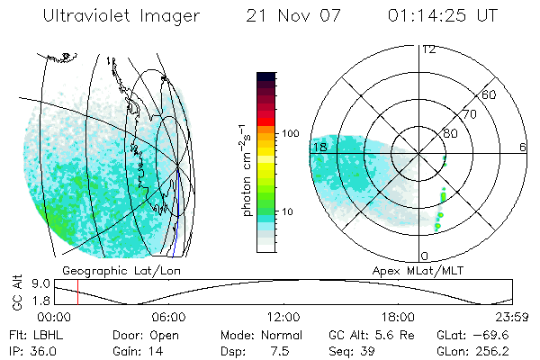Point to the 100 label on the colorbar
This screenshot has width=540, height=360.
(290, 133)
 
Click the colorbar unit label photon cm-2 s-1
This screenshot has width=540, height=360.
(247, 168)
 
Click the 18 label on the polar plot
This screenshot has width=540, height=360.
(319, 147)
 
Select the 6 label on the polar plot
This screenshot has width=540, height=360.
(523, 147)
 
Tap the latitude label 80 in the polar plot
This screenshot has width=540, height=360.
(450, 134)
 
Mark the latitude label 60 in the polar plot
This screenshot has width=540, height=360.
(490, 94)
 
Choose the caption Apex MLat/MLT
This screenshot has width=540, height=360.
(415, 271)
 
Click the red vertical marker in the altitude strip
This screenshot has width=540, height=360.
(78, 292)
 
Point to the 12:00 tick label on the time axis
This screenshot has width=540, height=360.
(283, 317)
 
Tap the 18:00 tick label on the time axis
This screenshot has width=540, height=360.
(398, 317)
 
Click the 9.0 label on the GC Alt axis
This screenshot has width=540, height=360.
(37, 283)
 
